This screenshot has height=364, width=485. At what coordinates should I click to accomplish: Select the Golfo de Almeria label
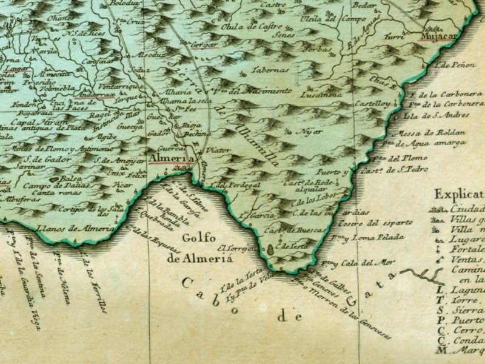pos(191,248)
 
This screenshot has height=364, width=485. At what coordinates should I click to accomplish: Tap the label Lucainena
pos(321,95)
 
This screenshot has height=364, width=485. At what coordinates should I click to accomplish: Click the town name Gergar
pos(203,45)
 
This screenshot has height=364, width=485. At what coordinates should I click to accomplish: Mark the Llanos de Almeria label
pos(75,229)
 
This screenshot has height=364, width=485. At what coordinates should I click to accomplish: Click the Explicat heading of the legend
pos(459,195)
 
